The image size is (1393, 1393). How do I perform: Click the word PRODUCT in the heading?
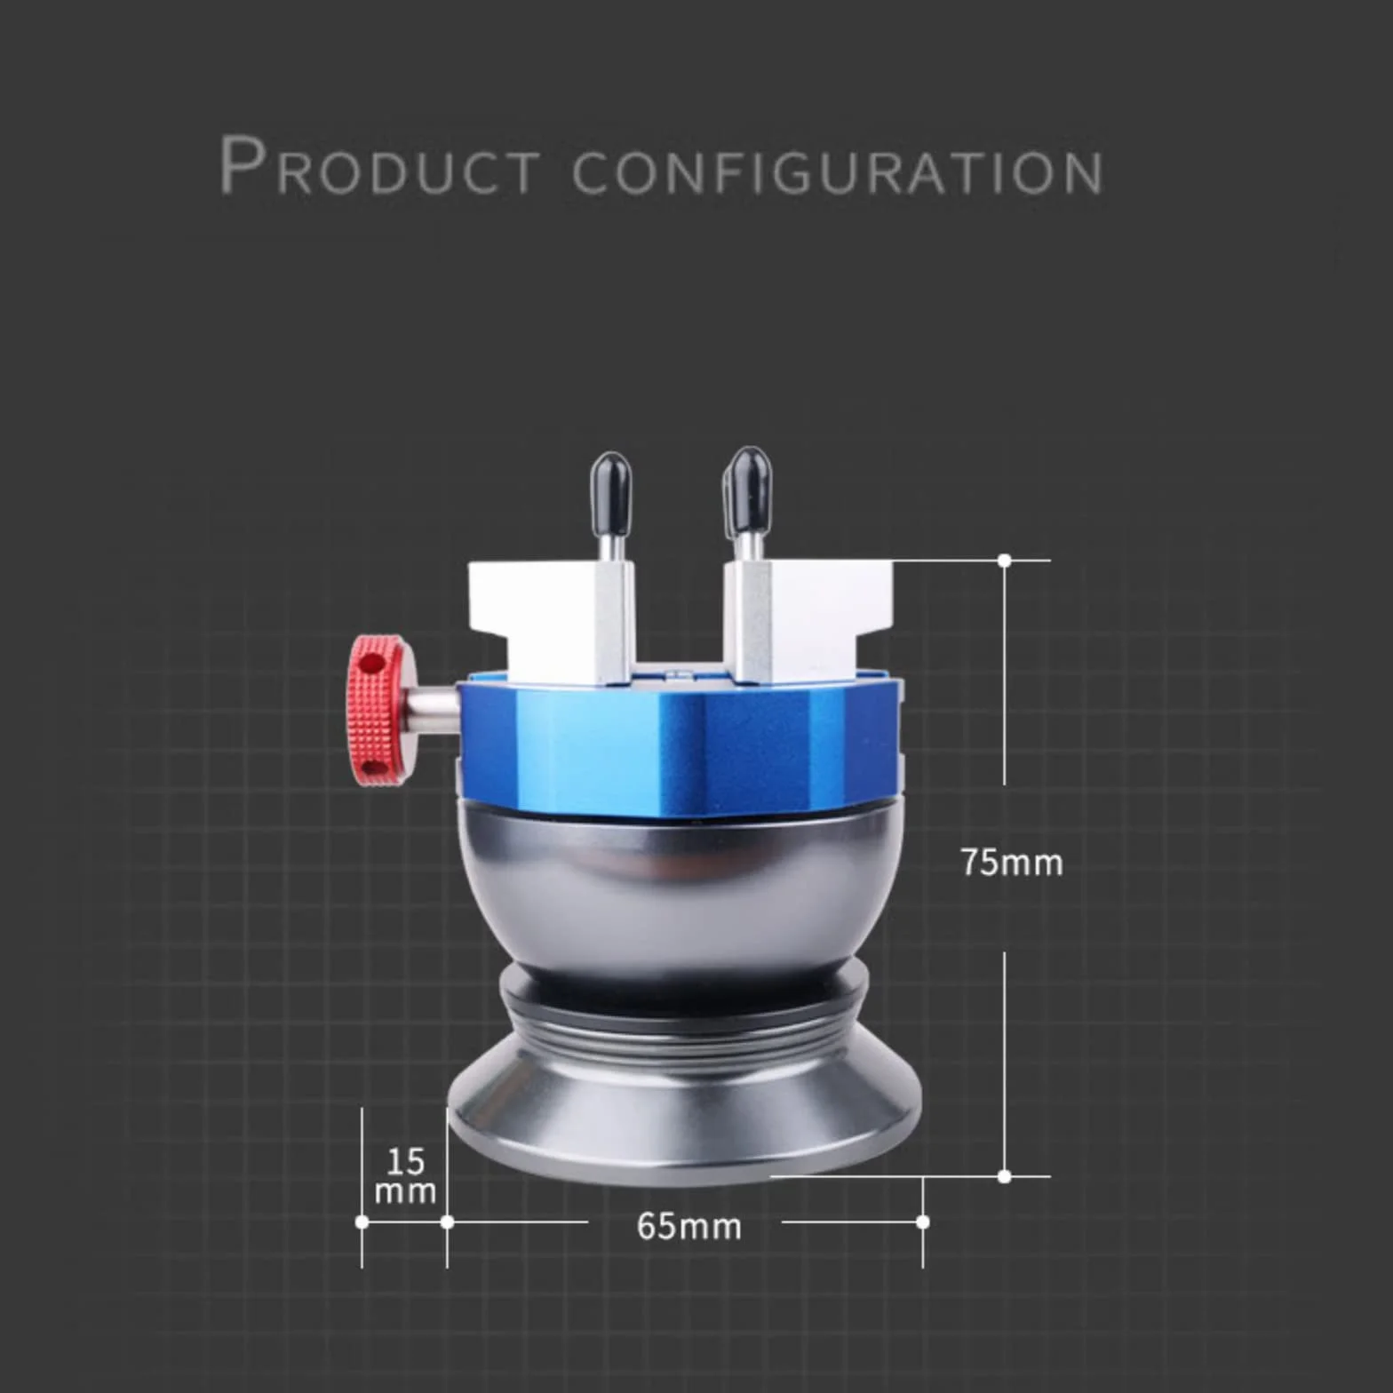tap(379, 165)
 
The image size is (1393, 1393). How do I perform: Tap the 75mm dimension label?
tap(1011, 863)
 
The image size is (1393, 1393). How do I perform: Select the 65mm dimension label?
tap(689, 1227)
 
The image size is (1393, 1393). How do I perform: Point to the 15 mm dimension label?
tap(405, 1175)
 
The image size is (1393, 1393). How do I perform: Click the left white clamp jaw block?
tap(551, 622)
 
